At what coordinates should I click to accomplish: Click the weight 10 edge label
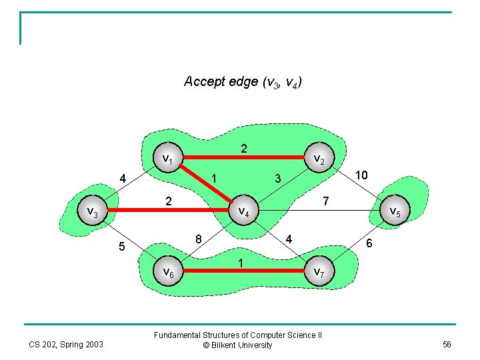click(x=361, y=175)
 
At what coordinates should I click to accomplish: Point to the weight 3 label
click(x=278, y=178)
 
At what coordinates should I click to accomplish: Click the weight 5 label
click(x=121, y=247)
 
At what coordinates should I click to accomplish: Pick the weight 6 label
click(x=370, y=245)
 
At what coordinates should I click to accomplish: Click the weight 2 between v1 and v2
click(x=244, y=149)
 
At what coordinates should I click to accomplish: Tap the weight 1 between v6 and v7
click(x=241, y=263)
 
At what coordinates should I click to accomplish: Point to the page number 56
click(x=446, y=344)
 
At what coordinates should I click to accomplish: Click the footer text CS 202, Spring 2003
click(x=65, y=344)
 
